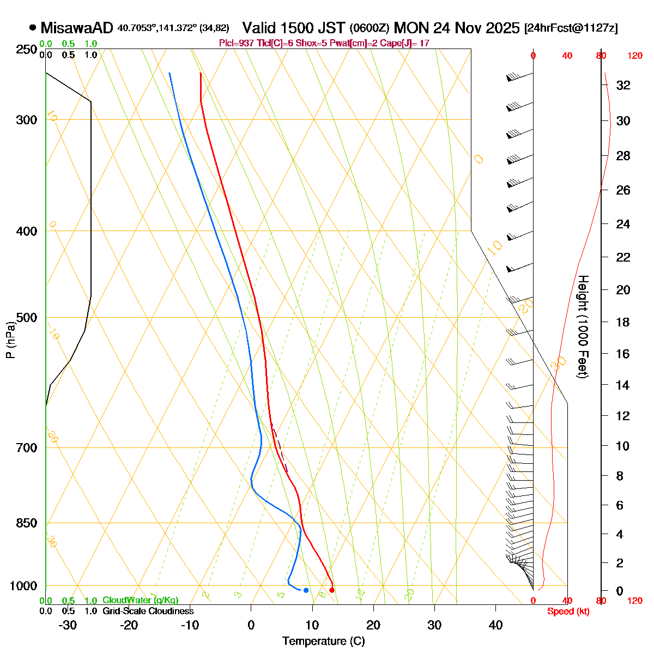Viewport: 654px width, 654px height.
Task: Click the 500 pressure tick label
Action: [27, 318]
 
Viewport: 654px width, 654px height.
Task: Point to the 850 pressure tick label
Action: [27, 523]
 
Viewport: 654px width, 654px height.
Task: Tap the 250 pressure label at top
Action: [27, 50]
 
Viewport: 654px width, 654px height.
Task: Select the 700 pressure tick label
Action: [27, 448]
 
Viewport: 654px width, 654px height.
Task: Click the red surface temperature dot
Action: [332, 590]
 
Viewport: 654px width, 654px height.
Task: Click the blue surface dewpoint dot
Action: [306, 590]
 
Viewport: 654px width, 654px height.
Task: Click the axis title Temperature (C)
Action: [324, 641]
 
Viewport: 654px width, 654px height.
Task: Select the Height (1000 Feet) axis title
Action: [583, 326]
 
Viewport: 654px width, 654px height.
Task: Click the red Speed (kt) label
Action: [568, 611]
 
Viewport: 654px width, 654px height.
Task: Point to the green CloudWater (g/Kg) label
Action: [140, 600]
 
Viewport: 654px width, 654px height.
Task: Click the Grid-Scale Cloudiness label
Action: [148, 611]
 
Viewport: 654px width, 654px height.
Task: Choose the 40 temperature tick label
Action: [495, 625]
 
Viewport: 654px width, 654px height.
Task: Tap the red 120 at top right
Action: [634, 56]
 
